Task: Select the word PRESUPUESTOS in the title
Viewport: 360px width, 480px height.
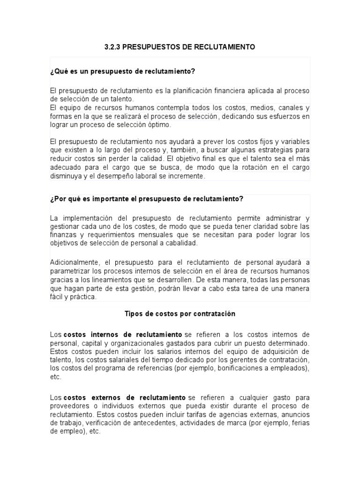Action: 149,47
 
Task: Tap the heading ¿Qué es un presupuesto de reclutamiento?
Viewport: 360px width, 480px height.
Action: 122,71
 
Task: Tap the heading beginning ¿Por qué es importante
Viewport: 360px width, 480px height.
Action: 147,198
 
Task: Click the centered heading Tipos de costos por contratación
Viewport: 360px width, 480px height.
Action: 180,314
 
